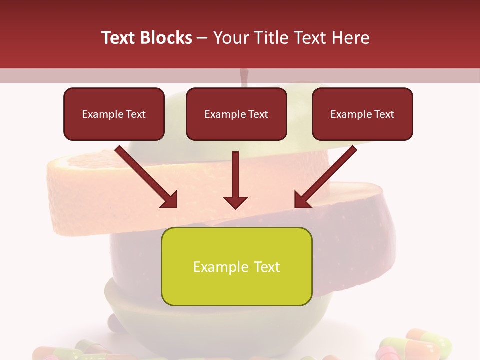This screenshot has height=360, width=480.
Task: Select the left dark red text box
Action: [114, 114]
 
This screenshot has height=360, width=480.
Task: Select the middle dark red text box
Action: [236, 114]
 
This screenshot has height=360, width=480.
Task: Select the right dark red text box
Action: [362, 114]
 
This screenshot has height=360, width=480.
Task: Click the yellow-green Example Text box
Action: [236, 266]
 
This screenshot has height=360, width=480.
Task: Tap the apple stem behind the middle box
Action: [244, 77]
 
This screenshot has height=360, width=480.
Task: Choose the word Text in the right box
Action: [383, 114]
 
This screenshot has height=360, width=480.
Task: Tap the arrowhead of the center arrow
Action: [235, 201]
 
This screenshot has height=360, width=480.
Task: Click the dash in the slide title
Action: [202, 38]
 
